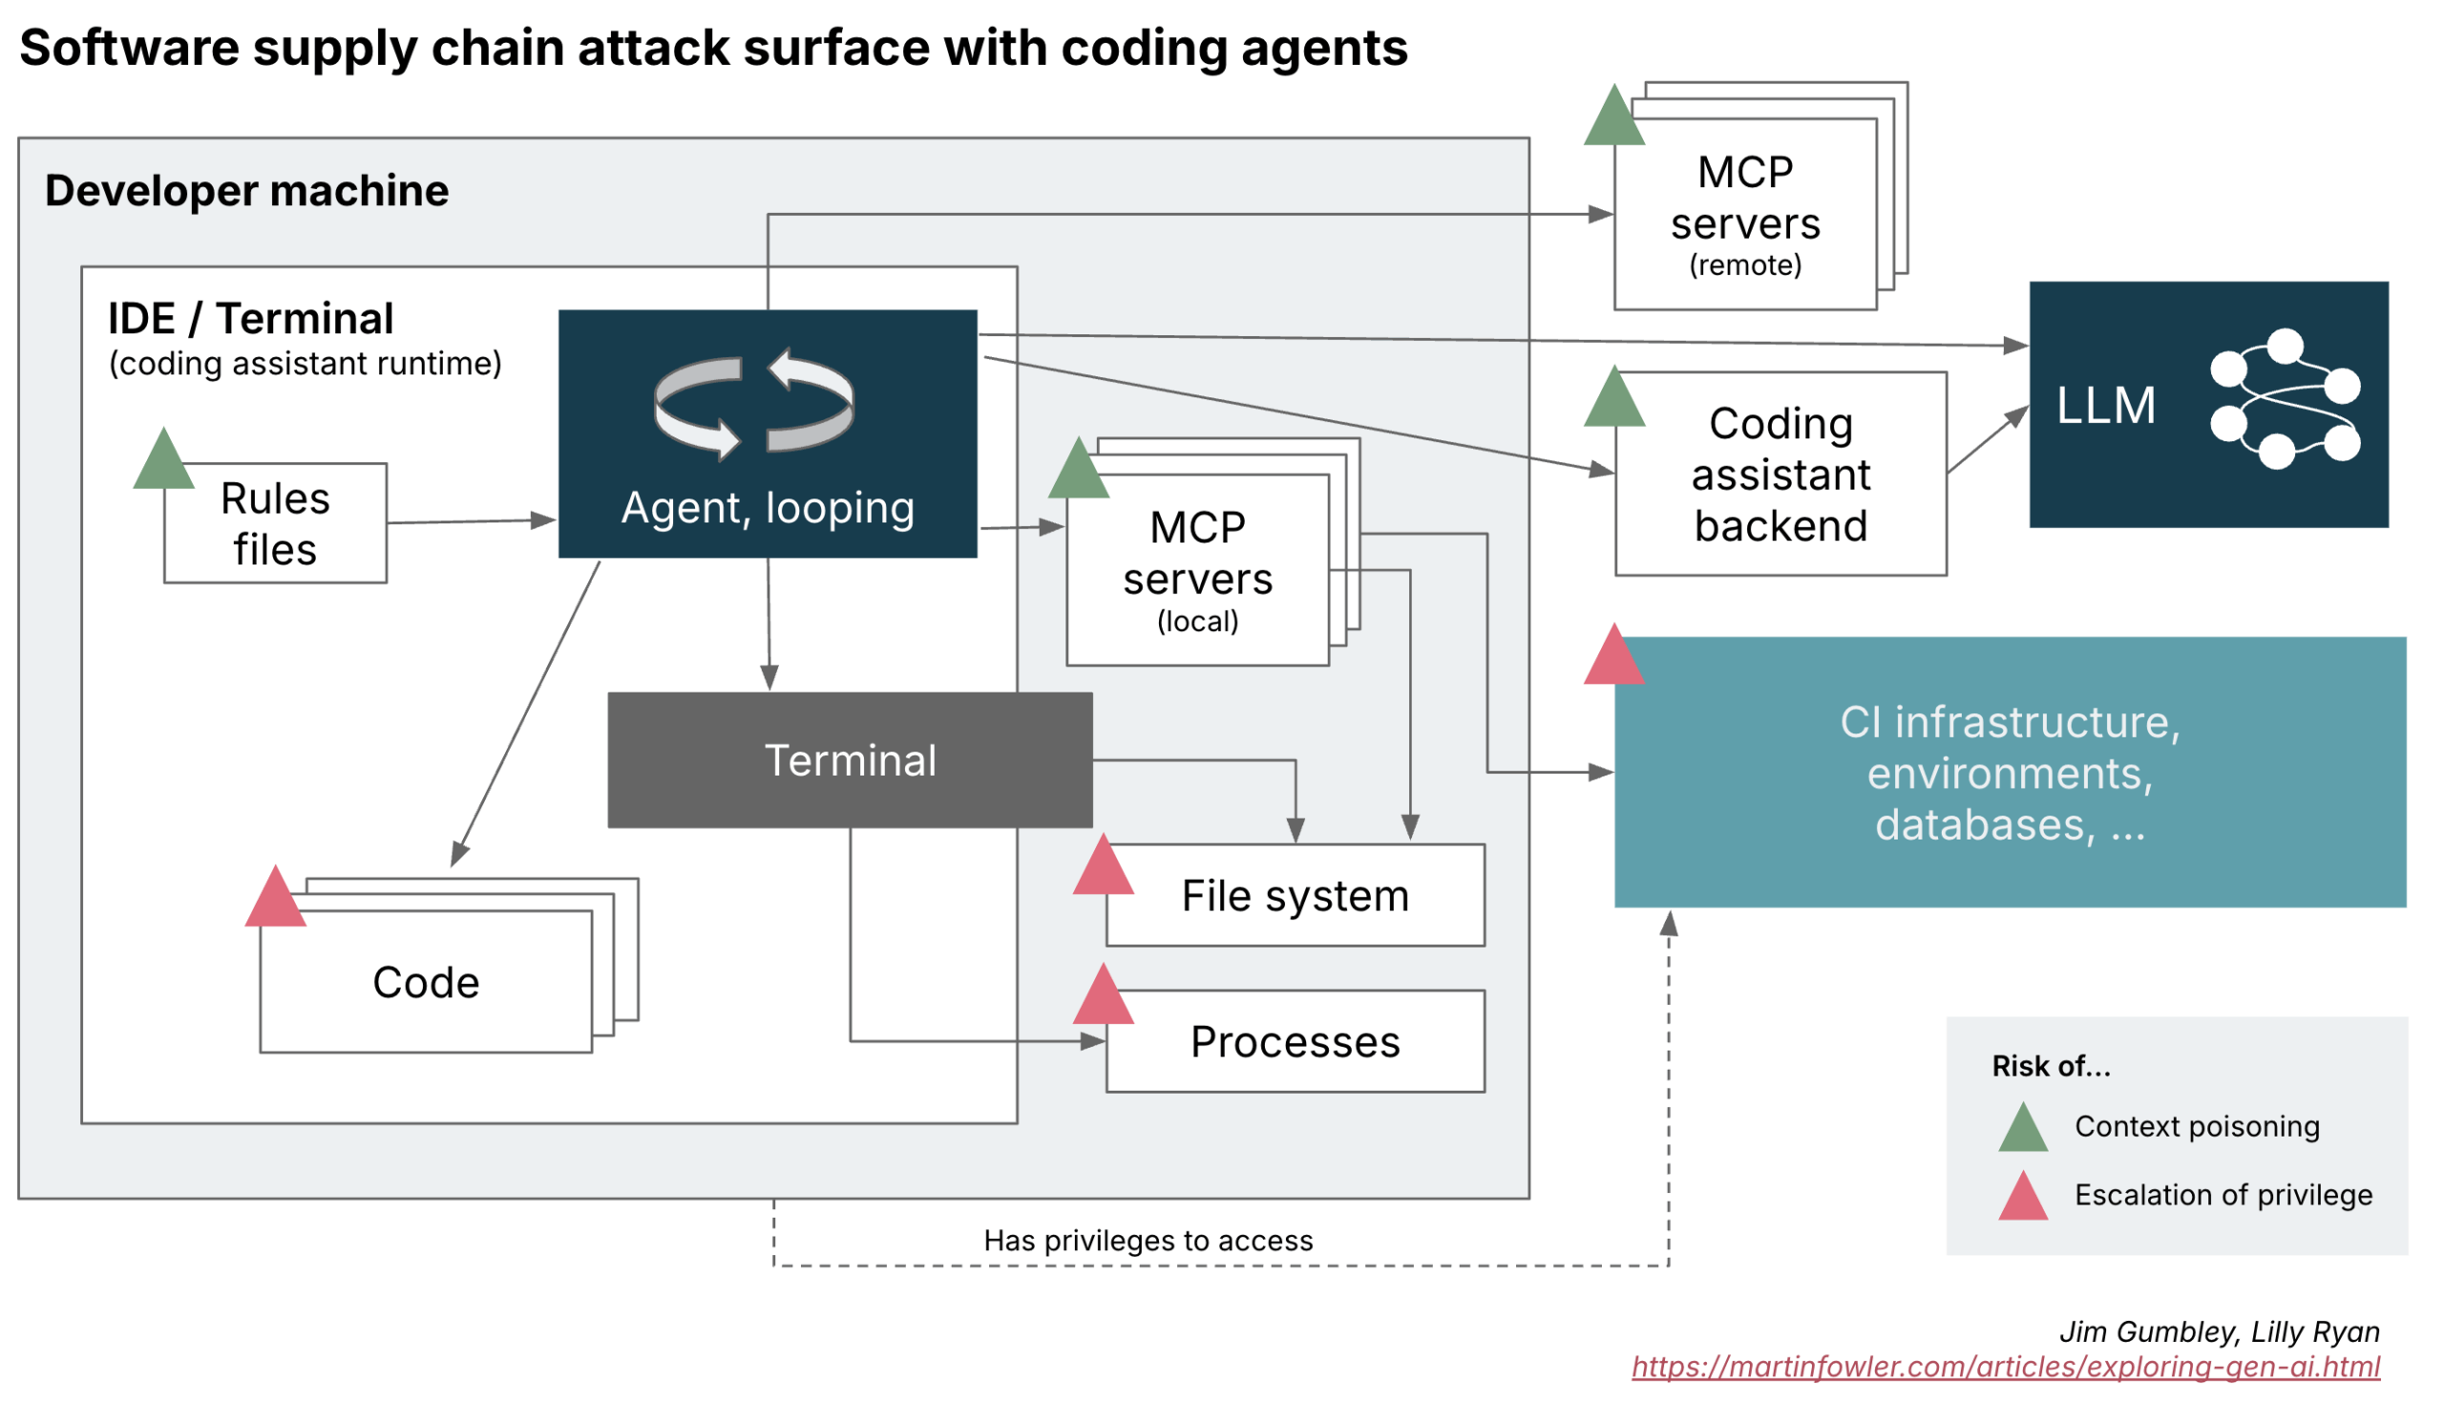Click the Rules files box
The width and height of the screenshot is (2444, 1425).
277,524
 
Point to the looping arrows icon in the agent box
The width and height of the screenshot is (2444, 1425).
755,405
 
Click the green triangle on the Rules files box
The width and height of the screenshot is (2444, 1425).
164,459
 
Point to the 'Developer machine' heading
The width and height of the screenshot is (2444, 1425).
247,191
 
